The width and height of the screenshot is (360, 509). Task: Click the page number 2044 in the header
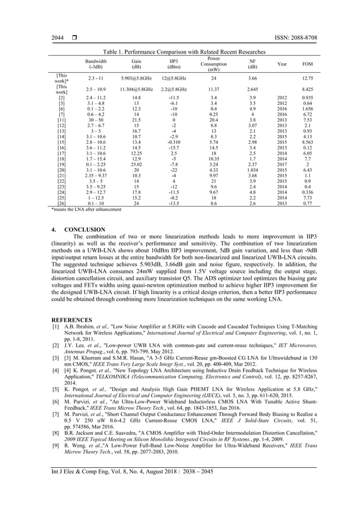[58, 38]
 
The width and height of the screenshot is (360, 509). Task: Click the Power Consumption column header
[213, 64]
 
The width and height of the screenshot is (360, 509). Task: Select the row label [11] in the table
[62, 120]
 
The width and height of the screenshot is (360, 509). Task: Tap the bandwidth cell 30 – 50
[95, 120]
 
